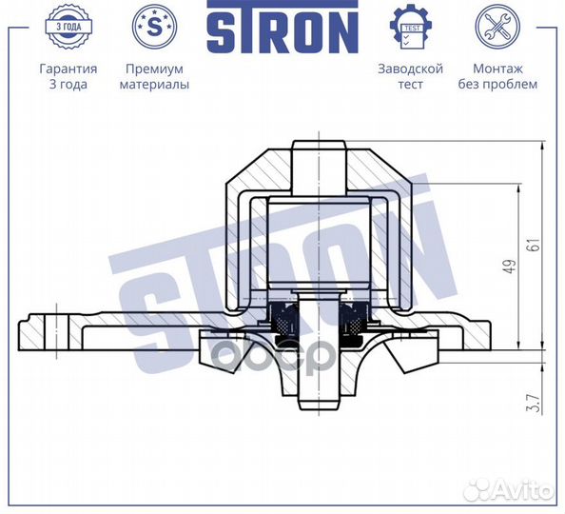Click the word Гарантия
pyautogui.click(x=68, y=69)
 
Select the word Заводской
pyautogui.click(x=411, y=69)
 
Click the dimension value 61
pyautogui.click(x=537, y=245)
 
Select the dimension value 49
pyautogui.click(x=511, y=268)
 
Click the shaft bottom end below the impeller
pyautogui.click(x=317, y=400)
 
